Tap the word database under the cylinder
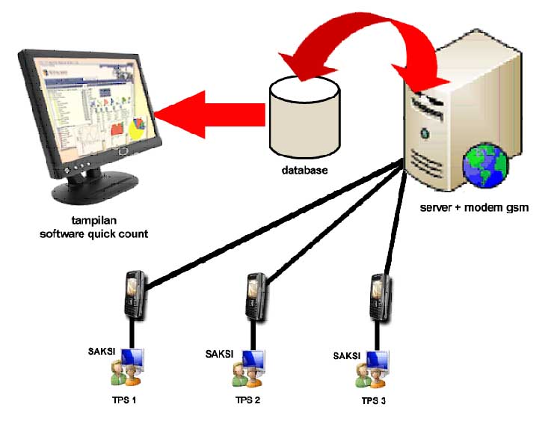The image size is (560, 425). pos(304,171)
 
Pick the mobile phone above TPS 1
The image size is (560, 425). pos(134,296)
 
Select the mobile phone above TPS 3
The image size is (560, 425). pos(380,295)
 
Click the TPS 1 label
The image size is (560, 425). pos(123,400)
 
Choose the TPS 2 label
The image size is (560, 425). pos(247,400)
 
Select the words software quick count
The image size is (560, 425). pos(94,234)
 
